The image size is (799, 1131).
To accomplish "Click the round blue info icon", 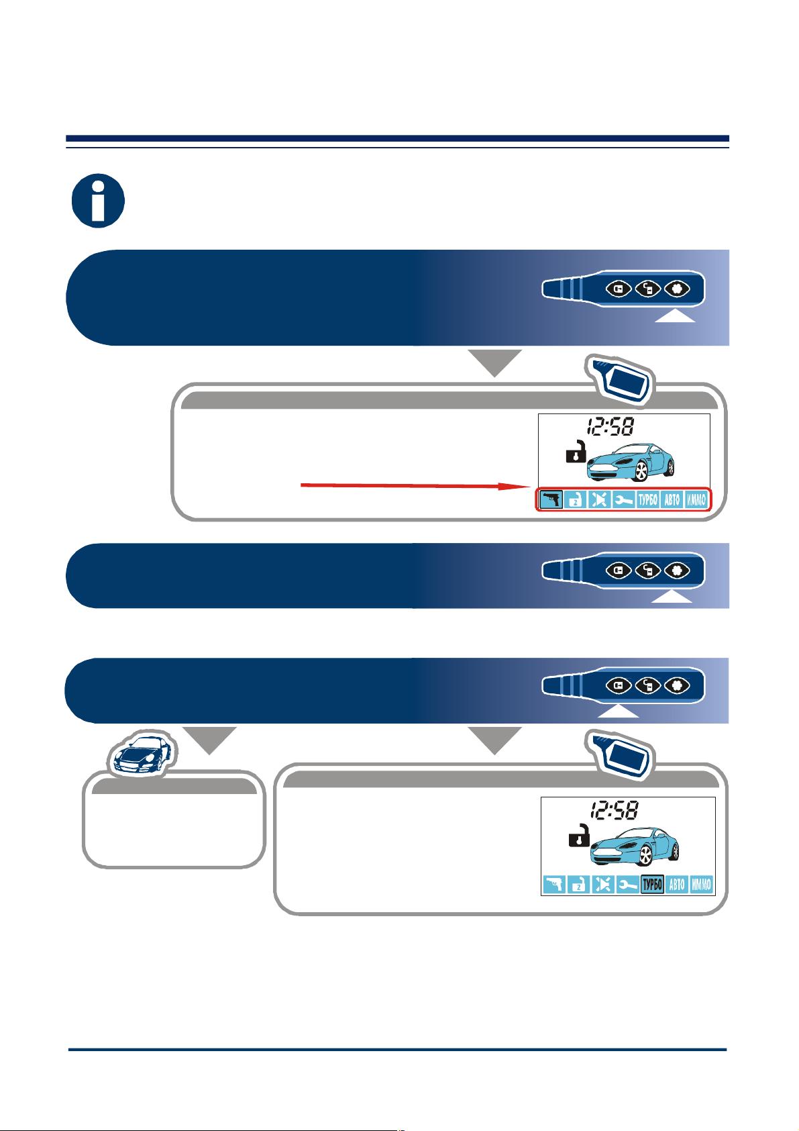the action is (x=98, y=201).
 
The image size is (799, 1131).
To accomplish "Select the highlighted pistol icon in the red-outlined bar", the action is (x=551, y=500).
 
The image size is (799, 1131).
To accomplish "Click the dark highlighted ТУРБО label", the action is (x=651, y=884).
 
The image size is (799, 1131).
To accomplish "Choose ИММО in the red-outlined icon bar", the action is (x=696, y=500).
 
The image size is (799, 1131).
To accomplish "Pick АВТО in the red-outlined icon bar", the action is (x=672, y=500).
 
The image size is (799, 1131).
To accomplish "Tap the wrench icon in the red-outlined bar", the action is (x=623, y=500).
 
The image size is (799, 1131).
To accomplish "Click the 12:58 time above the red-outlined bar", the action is (x=610, y=427).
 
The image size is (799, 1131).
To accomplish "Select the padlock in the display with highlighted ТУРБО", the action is (x=579, y=836).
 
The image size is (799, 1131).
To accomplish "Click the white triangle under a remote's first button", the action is (x=619, y=711).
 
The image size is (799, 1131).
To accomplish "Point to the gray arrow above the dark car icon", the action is (x=209, y=740).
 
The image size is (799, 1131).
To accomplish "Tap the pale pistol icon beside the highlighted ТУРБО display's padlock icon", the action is (x=553, y=884).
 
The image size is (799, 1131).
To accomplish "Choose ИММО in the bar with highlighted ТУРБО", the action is (x=701, y=884).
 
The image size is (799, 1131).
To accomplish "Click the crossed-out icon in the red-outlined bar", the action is (x=599, y=500).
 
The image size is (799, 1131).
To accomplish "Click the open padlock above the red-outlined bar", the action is (x=576, y=452).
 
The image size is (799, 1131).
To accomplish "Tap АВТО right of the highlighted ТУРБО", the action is (x=676, y=884).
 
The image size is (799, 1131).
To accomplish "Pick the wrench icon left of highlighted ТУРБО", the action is (x=627, y=884).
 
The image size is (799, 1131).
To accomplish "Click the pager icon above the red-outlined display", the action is (x=620, y=380).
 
